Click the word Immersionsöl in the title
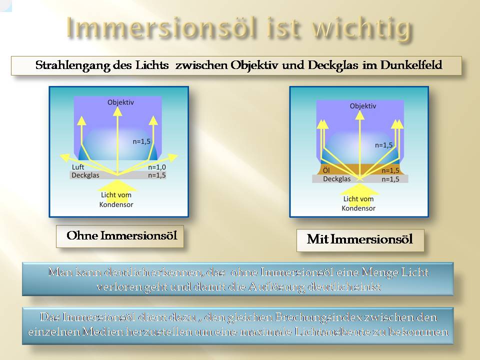pos(161,27)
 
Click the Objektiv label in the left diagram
pos(120,102)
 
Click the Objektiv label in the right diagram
pos(363,106)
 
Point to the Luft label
pos(78,167)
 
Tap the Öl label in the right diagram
pos(326,170)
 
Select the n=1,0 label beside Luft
pos(156,167)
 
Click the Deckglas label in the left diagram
pos(85,175)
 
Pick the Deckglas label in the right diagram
pos(336,179)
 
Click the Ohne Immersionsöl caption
pos(122,235)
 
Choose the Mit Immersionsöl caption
pos(359,239)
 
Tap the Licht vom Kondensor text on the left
pos(116,199)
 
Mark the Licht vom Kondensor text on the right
pos(358,203)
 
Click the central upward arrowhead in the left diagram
pos(117,111)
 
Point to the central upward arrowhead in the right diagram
pos(360,115)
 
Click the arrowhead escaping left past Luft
pos(65,157)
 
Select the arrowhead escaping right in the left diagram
pos(173,157)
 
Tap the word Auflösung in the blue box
pos(276,287)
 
